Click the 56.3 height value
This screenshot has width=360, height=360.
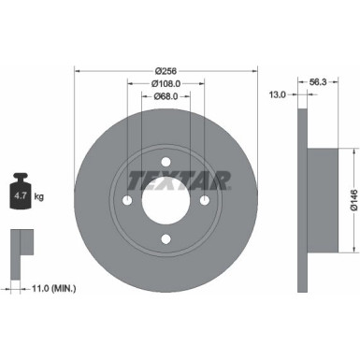coord(317,80)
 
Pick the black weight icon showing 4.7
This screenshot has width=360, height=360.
coord(21,194)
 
